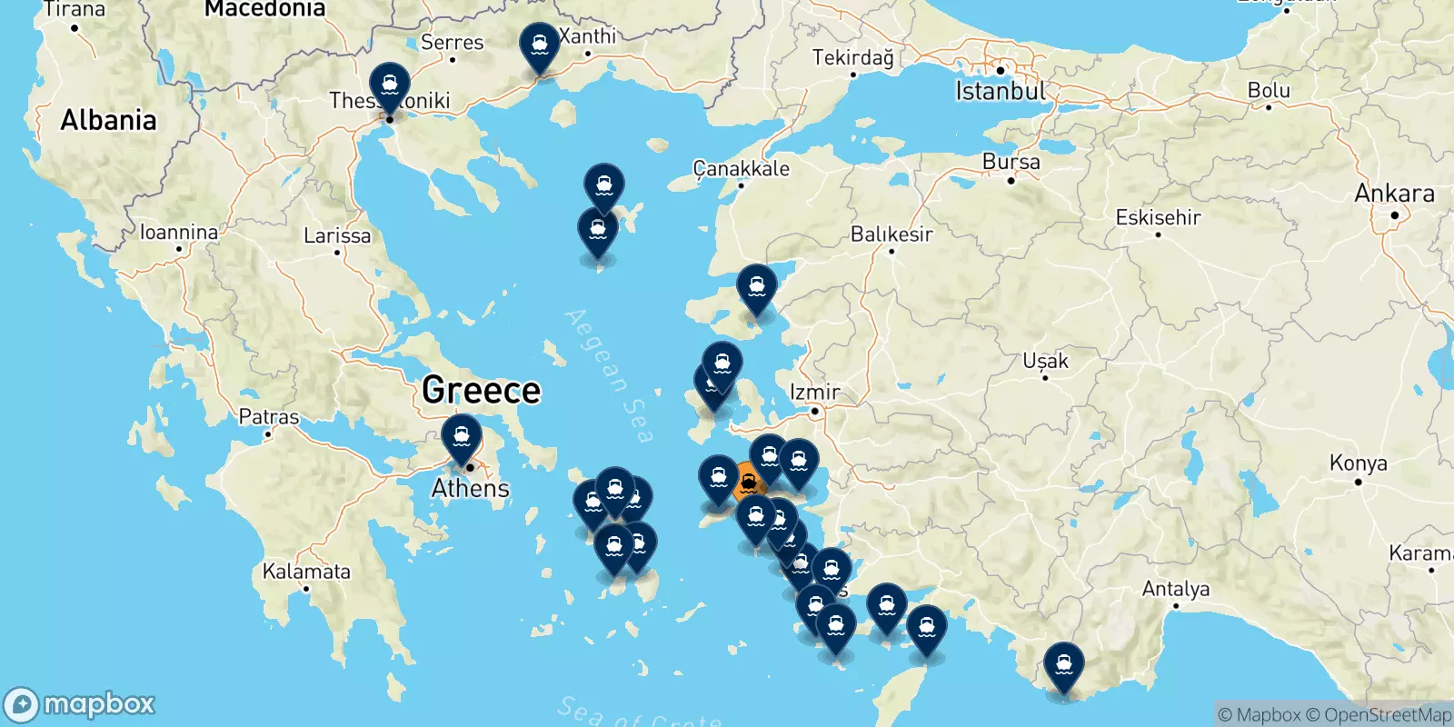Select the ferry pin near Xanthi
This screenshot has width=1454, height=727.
pos(540,45)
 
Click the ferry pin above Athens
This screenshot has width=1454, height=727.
pos(462,437)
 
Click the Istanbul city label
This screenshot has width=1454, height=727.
pos(1001,91)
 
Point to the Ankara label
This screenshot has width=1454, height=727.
pos(1394,194)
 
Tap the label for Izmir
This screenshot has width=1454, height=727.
pos(815,392)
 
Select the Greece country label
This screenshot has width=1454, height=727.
pos(481,390)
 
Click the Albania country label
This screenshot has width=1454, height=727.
pos(108,120)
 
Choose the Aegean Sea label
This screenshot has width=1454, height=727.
pos(609,374)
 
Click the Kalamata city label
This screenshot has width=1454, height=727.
pos(306,572)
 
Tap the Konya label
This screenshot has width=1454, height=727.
pos(1358,463)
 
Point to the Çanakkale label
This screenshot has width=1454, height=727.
pos(741,168)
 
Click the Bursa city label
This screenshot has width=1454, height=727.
pos(1011,162)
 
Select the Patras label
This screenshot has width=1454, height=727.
pos(268,417)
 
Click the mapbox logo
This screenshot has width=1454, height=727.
pos(80,704)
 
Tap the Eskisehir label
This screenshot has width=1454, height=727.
pos(1158,217)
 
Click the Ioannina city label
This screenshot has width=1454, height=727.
pos(179,233)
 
